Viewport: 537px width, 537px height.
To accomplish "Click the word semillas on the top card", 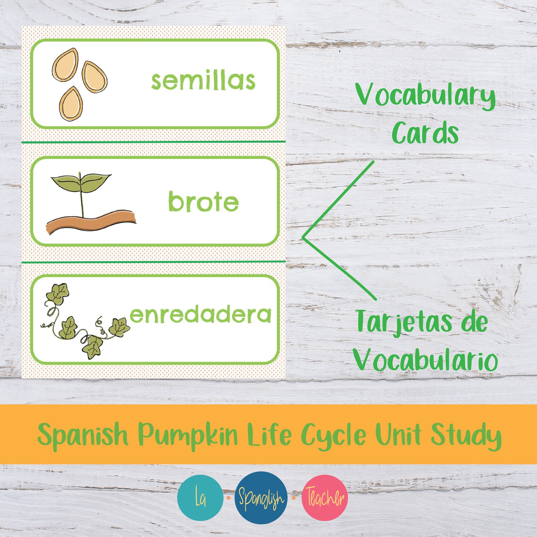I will (x=203, y=81).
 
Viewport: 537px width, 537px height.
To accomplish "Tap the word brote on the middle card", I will (x=203, y=202).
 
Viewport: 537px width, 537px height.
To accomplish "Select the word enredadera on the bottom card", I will (x=200, y=315).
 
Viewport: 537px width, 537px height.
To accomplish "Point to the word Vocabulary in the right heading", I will (x=425, y=96).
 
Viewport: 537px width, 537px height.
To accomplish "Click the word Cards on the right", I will (x=425, y=133).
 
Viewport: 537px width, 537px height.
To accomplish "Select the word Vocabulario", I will (x=425, y=360).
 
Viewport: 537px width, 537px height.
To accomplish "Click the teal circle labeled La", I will (x=200, y=498).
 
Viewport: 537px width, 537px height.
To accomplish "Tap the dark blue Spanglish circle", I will (x=261, y=498).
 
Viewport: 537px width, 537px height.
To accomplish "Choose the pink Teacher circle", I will (x=325, y=498).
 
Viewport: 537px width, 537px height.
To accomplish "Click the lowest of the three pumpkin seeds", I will (x=71, y=104).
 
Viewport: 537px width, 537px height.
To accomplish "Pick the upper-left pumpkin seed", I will (x=65, y=64).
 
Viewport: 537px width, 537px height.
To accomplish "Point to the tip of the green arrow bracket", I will (x=303, y=238).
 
